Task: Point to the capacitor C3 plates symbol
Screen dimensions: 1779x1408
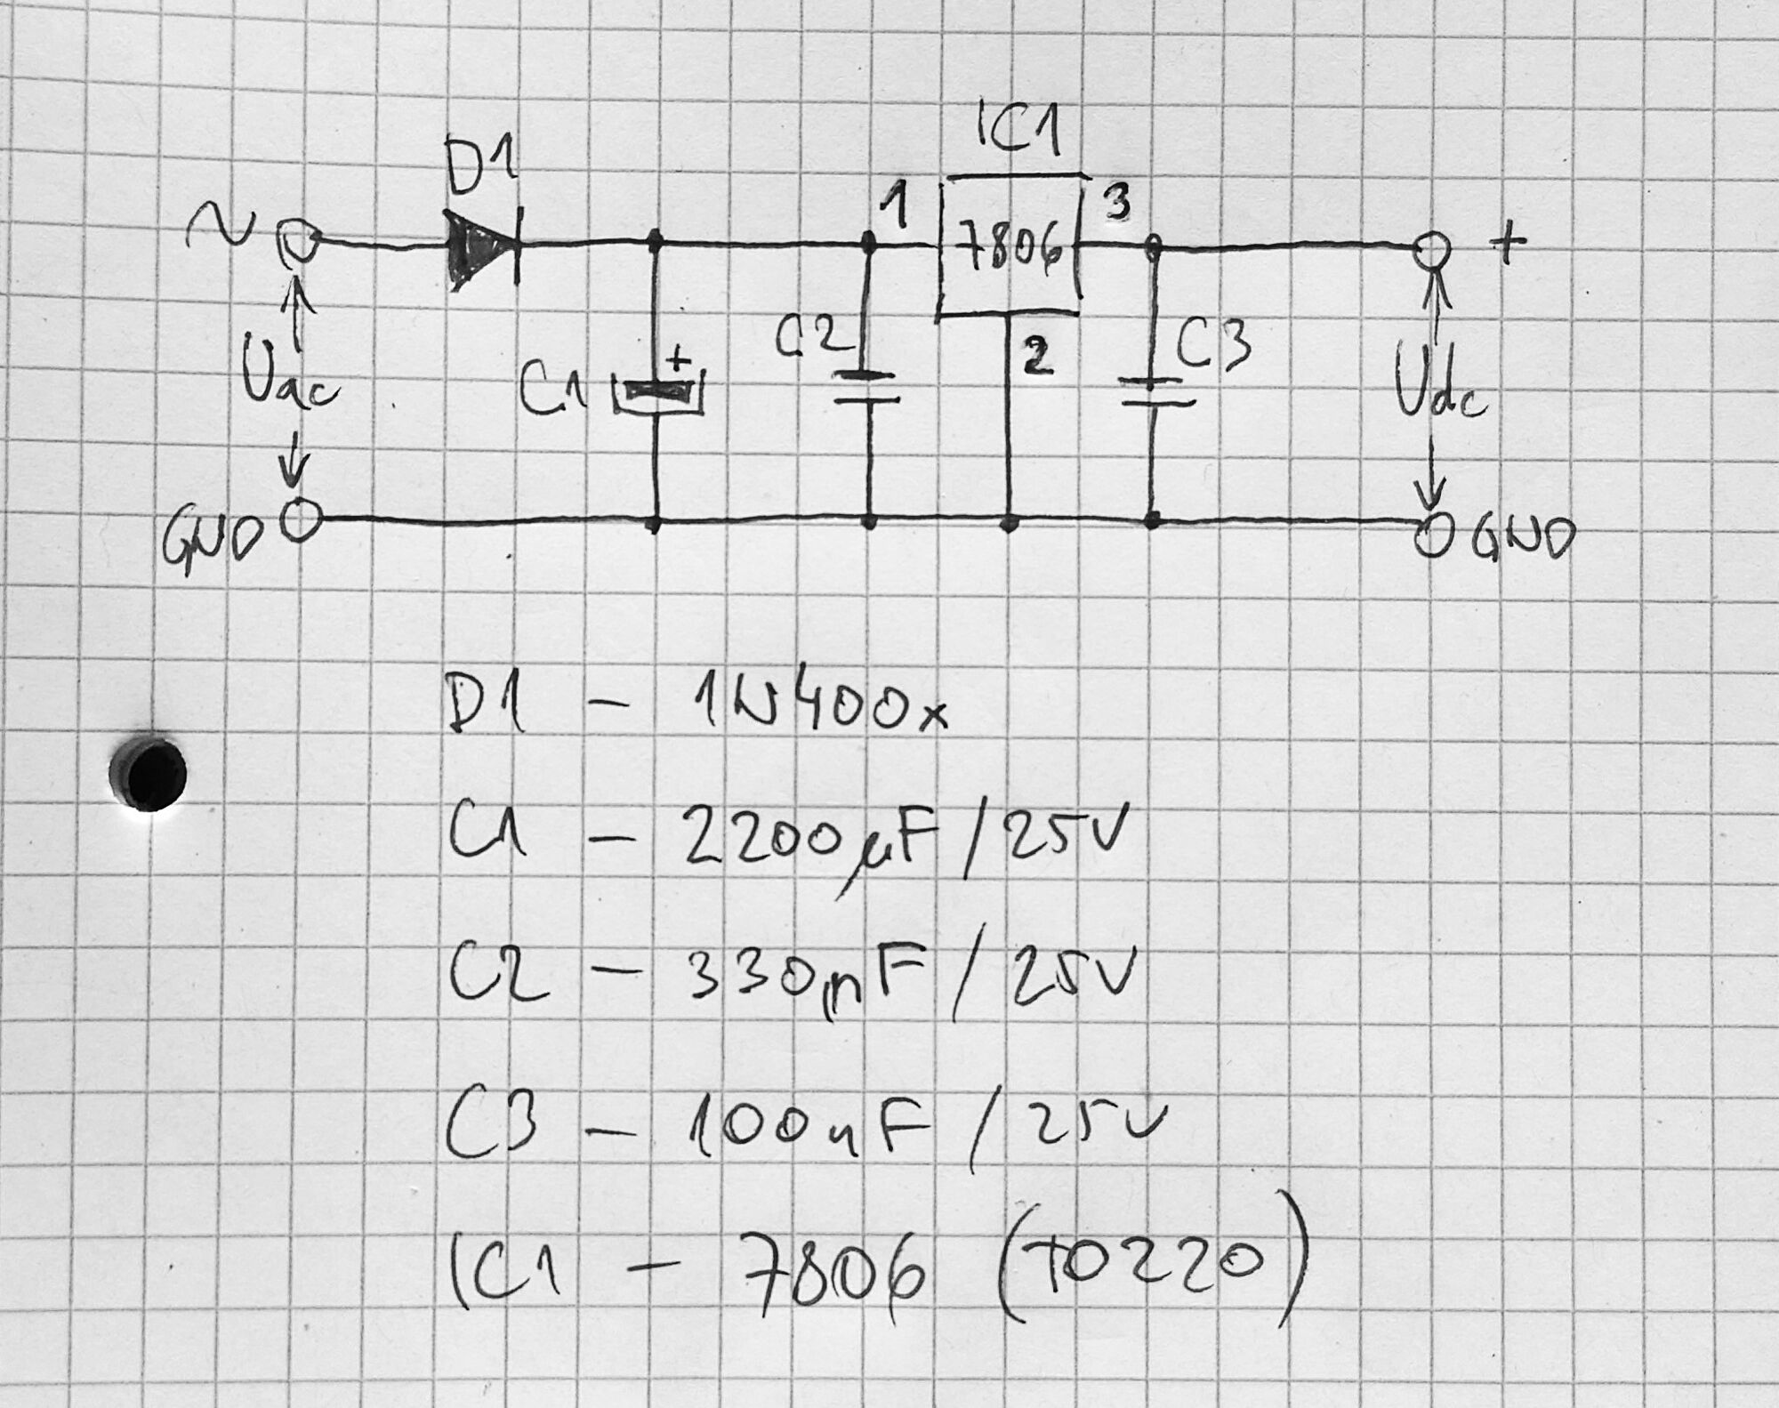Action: pos(1154,391)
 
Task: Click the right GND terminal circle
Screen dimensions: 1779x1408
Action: pos(1433,537)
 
